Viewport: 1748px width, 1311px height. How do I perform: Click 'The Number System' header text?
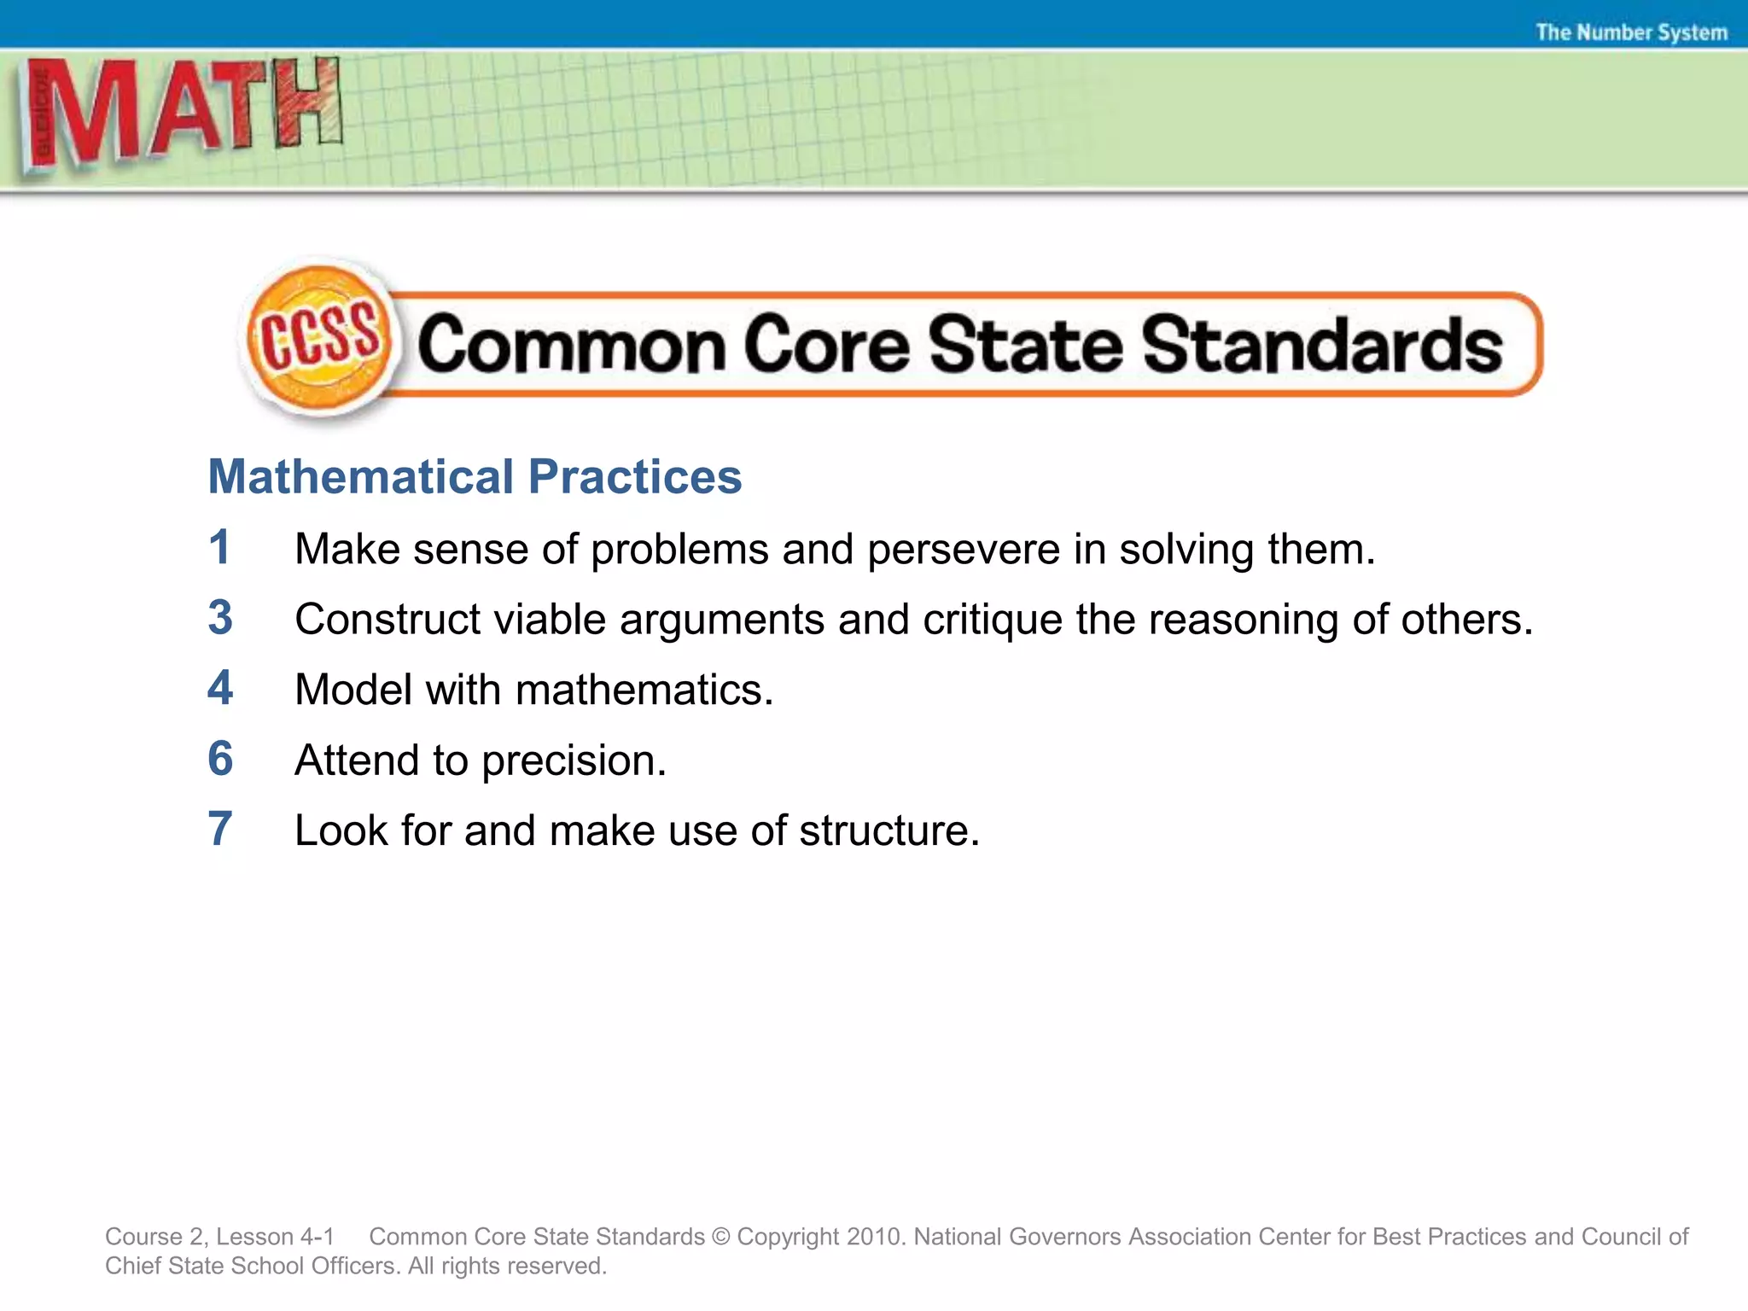point(1631,32)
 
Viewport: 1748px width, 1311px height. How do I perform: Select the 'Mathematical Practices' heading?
point(475,476)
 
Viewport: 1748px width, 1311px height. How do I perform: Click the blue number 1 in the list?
point(219,547)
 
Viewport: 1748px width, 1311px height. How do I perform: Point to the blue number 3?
point(220,618)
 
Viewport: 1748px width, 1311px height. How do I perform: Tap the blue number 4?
point(220,688)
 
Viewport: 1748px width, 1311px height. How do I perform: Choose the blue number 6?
point(220,759)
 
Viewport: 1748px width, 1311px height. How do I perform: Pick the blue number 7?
point(220,829)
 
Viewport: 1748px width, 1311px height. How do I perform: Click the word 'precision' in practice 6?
point(574,761)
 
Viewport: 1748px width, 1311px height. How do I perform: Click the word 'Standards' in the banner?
point(1322,344)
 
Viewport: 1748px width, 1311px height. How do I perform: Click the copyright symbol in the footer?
point(721,1237)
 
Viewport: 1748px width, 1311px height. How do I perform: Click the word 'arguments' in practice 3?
point(722,621)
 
